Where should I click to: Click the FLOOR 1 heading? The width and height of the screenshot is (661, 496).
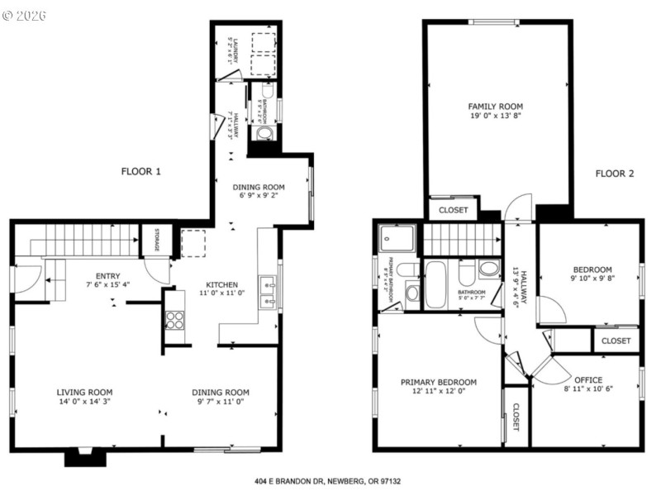[140, 172]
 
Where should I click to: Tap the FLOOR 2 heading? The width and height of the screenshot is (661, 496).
[615, 174]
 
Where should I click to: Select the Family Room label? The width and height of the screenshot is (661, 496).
[495, 107]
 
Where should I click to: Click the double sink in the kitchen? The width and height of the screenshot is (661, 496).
[268, 293]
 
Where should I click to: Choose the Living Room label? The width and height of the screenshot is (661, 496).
[84, 393]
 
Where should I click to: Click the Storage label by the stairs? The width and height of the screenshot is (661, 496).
[155, 240]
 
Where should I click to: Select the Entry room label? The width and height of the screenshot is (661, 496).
[107, 276]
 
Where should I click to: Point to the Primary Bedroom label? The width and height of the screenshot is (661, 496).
[438, 382]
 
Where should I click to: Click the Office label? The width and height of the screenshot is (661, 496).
[587, 379]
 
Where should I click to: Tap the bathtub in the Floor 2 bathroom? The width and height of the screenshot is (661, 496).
[435, 285]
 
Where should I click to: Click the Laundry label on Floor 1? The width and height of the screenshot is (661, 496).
[235, 52]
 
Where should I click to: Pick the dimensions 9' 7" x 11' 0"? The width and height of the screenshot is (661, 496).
[221, 402]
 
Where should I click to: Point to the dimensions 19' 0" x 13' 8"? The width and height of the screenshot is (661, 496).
[495, 117]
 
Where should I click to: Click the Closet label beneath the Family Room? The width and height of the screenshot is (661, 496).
[453, 211]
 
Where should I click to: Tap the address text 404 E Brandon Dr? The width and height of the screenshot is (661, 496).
[330, 480]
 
